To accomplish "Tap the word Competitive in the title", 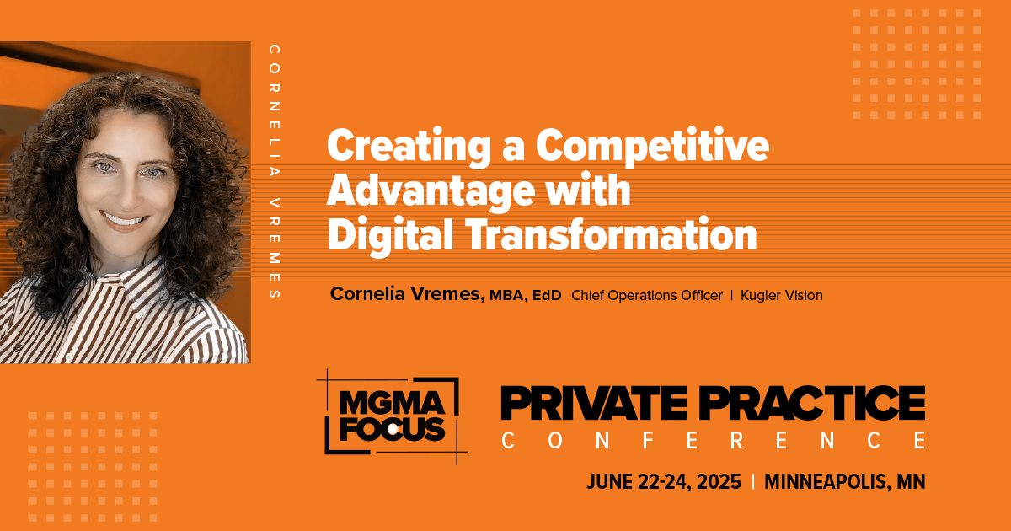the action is [653, 147].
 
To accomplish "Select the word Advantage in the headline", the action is [426, 192].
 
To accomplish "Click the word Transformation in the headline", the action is [611, 235].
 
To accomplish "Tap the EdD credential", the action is [547, 295].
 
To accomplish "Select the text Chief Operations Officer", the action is [647, 295].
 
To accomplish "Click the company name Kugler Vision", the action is [782, 295].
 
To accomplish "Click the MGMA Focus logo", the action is [392, 416].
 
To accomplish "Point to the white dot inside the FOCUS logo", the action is [393, 431].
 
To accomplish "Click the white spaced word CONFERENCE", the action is [714, 440].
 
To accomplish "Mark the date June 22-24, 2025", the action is [664, 482].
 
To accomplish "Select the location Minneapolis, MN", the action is [844, 482].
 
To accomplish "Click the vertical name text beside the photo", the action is [274, 172].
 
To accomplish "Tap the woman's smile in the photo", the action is [124, 220].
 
